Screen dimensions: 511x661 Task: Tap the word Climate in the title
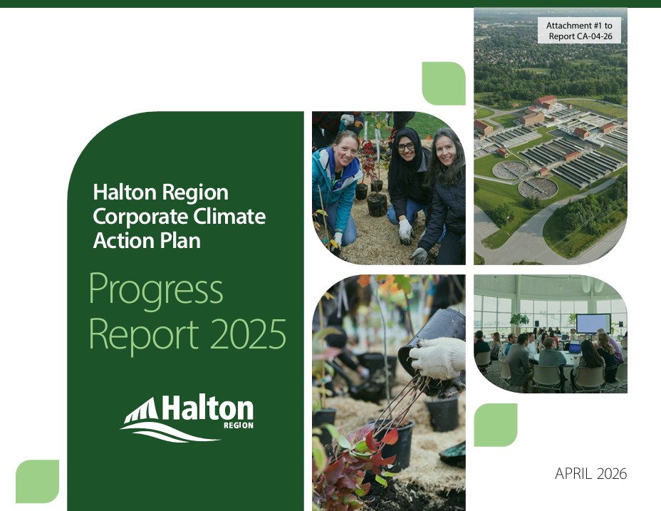pyautogui.click(x=227, y=216)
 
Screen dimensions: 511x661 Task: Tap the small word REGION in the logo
pyautogui.click(x=238, y=425)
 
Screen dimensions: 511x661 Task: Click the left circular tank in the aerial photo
pyautogui.click(x=511, y=170)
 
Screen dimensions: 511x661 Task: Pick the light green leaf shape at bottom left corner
pyautogui.click(x=37, y=481)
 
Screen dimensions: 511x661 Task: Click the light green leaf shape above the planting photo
pyautogui.click(x=444, y=83)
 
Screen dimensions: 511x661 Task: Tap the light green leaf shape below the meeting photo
pyautogui.click(x=496, y=425)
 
